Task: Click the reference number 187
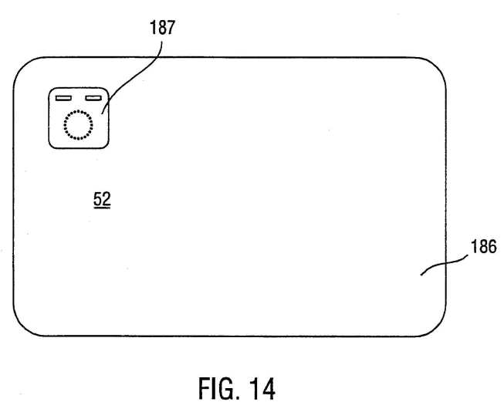coord(162,28)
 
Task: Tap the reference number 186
coord(484,246)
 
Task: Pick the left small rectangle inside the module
coord(63,98)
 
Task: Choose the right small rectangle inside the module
coord(93,98)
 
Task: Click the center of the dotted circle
coord(78,125)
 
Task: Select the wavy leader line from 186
coord(445,264)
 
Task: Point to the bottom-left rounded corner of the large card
coord(20,329)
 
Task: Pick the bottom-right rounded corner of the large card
coord(439,329)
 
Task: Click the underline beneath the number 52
coord(102,208)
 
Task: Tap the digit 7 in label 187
coord(171,28)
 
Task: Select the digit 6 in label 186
coord(492,246)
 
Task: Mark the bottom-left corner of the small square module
coord(51,146)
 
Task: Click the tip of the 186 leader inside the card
coord(421,275)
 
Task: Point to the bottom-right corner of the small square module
coord(107,146)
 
